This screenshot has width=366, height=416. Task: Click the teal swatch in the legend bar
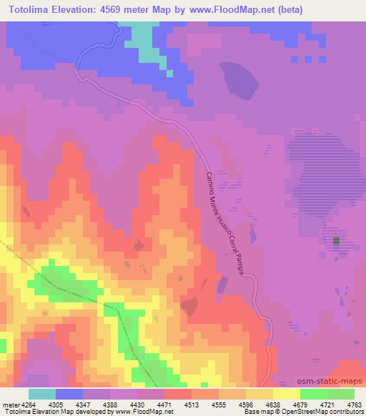pos(42,394)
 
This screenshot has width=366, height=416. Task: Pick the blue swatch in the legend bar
pos(69,394)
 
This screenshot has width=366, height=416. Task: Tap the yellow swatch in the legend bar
pos(287,394)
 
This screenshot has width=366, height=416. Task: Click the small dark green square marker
pos(336,242)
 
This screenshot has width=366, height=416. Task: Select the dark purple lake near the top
pos(239,81)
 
